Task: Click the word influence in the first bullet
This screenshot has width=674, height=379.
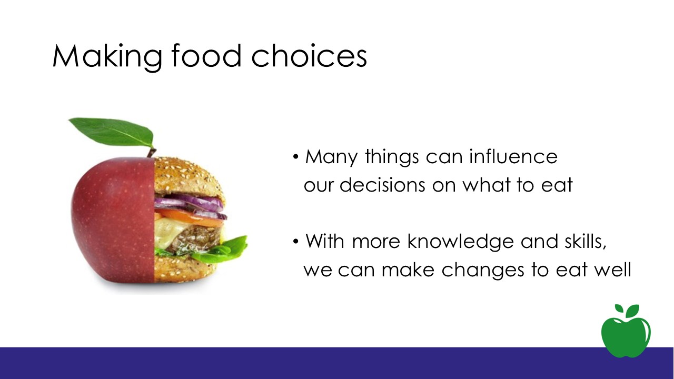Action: [513, 156]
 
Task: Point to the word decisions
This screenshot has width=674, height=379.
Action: [382, 184]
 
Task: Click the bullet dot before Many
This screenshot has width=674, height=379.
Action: [296, 157]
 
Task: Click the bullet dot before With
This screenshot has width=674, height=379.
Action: [296, 241]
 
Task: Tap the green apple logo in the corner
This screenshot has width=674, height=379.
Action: [626, 331]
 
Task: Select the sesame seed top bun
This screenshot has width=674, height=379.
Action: [186, 177]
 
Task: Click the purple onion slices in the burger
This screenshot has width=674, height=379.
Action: [190, 205]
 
